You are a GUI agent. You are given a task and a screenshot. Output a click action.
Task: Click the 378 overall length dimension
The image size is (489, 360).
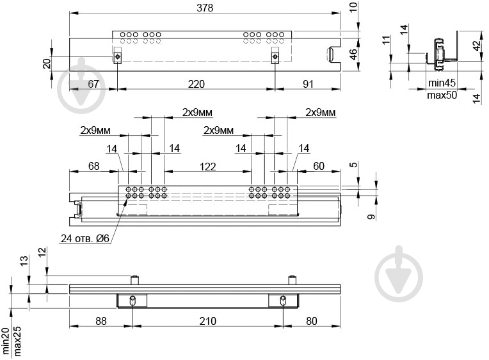pos(205,8)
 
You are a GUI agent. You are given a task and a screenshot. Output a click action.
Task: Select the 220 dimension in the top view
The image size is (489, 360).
pos(196,84)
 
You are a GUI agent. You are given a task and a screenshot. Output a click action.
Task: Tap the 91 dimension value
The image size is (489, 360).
pos(308,84)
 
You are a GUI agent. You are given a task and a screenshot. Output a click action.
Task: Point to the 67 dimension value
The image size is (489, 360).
pos(93,84)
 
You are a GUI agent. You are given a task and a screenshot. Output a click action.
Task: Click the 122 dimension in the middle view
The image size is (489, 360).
pos(207,167)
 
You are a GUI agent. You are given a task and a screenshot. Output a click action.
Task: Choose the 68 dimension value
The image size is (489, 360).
pos(93,166)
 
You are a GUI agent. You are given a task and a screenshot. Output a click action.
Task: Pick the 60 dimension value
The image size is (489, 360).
pos(318,166)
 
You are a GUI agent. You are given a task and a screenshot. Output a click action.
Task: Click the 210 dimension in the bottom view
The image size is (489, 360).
pos(207,321)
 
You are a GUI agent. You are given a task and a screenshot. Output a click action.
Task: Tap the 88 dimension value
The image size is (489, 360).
pos(100,321)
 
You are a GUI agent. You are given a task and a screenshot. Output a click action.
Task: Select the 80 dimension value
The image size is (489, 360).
pos(311,321)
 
